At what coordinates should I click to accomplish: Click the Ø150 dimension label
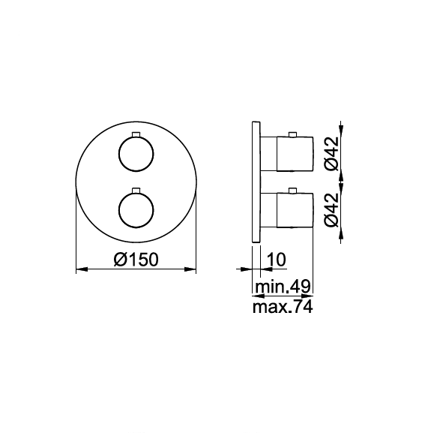click(136, 260)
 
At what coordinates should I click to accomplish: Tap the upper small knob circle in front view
click(136, 156)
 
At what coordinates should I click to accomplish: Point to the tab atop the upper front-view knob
click(136, 134)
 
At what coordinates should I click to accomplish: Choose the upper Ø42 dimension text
click(331, 153)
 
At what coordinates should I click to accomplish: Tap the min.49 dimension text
click(283, 287)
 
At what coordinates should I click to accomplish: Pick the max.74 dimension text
click(283, 307)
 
